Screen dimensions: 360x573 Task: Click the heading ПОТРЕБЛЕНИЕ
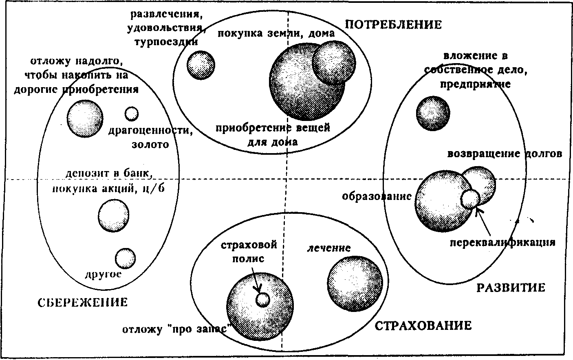click(393, 24)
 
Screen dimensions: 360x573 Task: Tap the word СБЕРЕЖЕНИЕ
click(83, 302)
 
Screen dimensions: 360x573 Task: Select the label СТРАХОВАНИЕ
click(423, 326)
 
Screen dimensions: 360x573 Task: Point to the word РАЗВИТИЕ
click(511, 288)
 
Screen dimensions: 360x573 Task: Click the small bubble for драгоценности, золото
click(131, 114)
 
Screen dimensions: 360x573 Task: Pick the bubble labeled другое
click(125, 258)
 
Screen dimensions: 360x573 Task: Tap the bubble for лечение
click(355, 284)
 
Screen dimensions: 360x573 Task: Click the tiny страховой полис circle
click(262, 300)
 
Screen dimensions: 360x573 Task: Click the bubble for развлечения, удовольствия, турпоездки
click(201, 65)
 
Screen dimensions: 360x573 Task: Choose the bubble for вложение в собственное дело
click(433, 113)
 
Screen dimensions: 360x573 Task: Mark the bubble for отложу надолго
click(85, 119)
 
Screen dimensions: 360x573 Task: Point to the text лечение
click(329, 248)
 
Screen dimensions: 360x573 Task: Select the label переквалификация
click(502, 242)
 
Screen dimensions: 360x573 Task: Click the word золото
click(150, 144)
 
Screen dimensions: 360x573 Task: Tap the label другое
click(103, 274)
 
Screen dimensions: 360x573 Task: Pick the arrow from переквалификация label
click(483, 222)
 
